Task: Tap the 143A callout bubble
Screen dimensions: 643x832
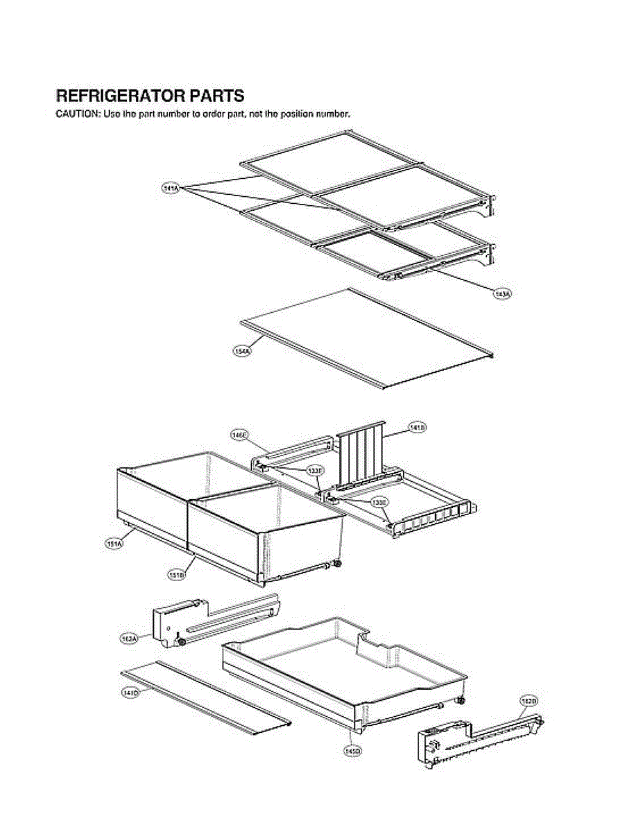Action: (x=502, y=295)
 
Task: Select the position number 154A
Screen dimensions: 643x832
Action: (x=243, y=352)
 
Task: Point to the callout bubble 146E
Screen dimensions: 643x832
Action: (x=239, y=435)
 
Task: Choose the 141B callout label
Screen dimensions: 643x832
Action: (x=418, y=428)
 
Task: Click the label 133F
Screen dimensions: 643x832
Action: (x=315, y=471)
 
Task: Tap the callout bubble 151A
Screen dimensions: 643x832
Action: (x=114, y=544)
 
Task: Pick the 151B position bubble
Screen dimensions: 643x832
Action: (x=178, y=574)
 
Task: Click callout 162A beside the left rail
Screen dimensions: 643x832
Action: (x=129, y=637)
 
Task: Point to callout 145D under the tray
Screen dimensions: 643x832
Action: (x=352, y=749)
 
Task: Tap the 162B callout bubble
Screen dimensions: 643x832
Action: (x=529, y=702)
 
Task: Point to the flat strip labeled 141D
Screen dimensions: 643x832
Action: (x=208, y=696)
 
